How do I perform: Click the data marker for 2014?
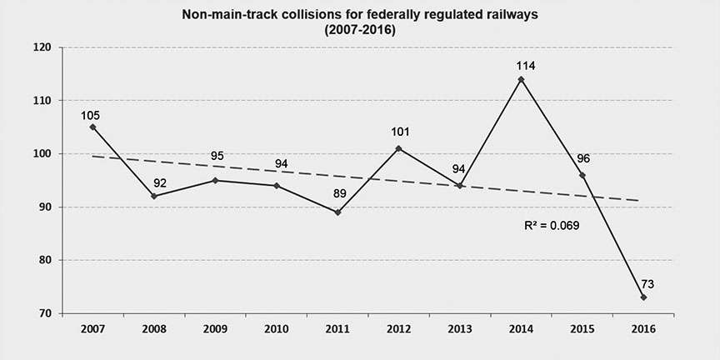pyautogui.click(x=521, y=79)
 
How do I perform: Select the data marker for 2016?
pyautogui.click(x=644, y=297)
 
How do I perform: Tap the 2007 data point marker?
pyautogui.click(x=92, y=127)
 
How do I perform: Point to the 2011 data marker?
pyautogui.click(x=337, y=212)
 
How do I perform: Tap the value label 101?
pyautogui.click(x=398, y=132)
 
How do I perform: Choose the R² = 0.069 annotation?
pyautogui.click(x=552, y=225)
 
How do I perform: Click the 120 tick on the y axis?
pyautogui.click(x=44, y=47)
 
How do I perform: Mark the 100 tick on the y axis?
pyautogui.click(x=44, y=154)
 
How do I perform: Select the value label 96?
pyautogui.click(x=582, y=158)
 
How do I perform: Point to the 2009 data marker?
pyautogui.click(x=215, y=180)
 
